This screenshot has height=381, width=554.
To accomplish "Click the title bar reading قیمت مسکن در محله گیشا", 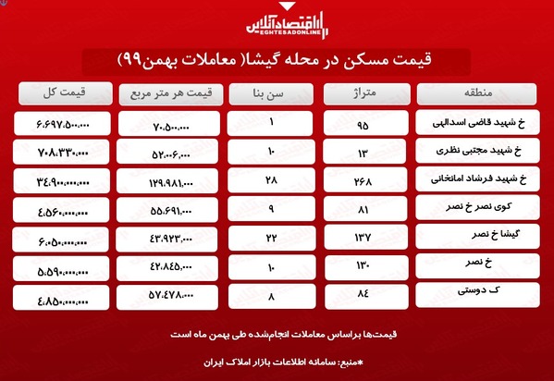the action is click(277, 62).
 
